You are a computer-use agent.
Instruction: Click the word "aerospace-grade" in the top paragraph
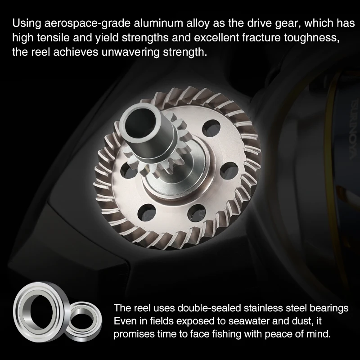tap(87, 24)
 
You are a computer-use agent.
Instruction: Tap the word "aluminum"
tap(158, 23)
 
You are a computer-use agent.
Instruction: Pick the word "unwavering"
tap(130, 52)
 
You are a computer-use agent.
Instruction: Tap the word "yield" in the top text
tap(107, 38)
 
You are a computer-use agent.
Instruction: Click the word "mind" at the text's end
tap(319, 333)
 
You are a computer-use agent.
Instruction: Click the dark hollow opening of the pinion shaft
tap(139, 123)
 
